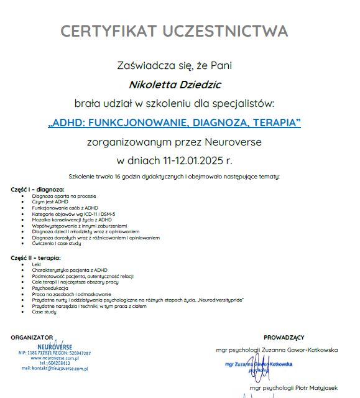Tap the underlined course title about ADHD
coord(174,123)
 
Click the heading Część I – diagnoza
coord(38,188)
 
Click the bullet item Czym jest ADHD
coord(50,201)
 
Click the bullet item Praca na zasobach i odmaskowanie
coord(72,294)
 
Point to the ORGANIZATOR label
coord(32,337)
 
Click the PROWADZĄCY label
coord(284,337)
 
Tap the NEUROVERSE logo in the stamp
coord(55,346)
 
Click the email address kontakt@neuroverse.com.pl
coord(55,369)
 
